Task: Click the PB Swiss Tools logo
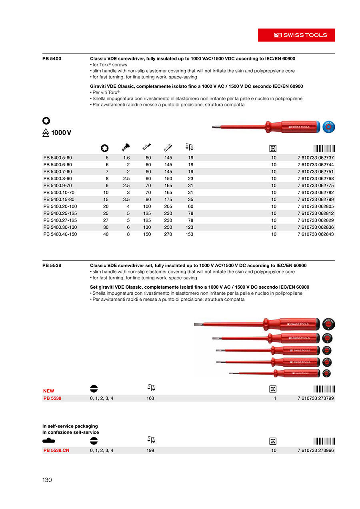coord(296,35)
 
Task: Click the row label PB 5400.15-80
coord(58,199)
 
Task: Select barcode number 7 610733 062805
coord(316,206)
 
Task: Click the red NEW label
coord(49,391)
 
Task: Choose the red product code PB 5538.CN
coord(56,450)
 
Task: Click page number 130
coord(47,480)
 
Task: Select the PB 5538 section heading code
coord(52,265)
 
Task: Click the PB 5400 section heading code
coord(52,58)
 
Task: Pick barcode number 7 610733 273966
coord(316,450)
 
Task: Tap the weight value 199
coord(150,450)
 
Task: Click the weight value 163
coord(150,398)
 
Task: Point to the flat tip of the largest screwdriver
coord(198,324)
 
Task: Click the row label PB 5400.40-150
coord(60,234)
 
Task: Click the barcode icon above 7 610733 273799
coord(324,388)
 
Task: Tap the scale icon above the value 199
coord(151,440)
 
